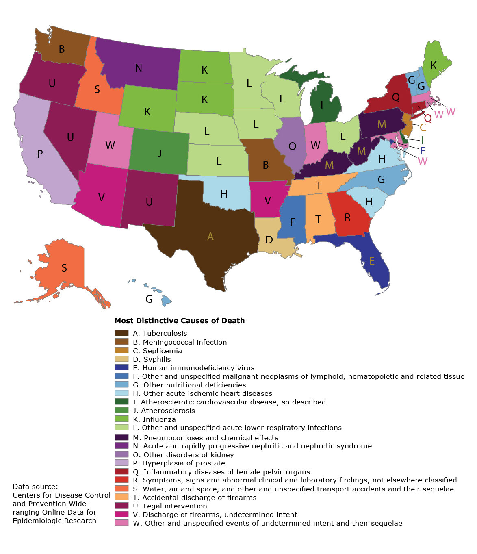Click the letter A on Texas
click(x=210, y=237)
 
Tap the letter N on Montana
click(x=139, y=68)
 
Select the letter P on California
click(x=40, y=154)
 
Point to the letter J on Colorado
click(x=160, y=153)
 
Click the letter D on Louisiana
click(x=269, y=240)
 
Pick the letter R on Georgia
click(x=347, y=218)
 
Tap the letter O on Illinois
click(x=292, y=146)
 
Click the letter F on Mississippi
click(x=293, y=222)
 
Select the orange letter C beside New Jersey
click(x=423, y=128)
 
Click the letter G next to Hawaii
click(x=149, y=300)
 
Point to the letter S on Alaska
click(x=64, y=268)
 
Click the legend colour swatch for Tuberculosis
click(x=121, y=333)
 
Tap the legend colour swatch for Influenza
click(x=121, y=419)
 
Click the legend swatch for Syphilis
click(x=121, y=359)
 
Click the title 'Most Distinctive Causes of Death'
click(x=180, y=321)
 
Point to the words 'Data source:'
click(x=35, y=487)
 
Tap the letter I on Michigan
click(x=322, y=105)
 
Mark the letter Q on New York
click(x=395, y=97)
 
